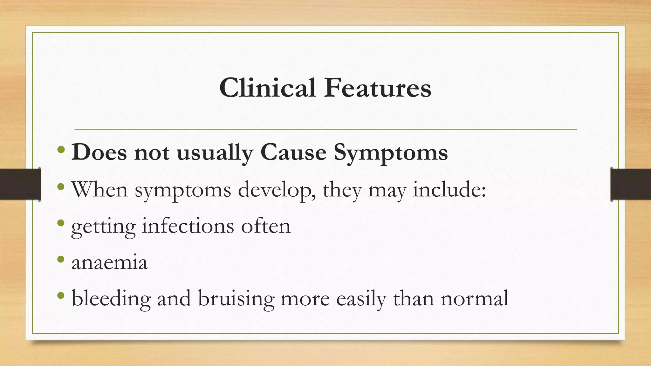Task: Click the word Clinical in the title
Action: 267,88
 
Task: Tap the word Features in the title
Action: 377,88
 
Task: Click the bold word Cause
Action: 293,152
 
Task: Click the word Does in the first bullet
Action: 99,152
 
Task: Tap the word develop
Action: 277,190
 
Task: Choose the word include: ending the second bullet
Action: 449,189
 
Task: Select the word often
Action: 266,226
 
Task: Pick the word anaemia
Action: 110,263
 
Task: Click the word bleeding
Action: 111,299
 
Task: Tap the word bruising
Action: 236,299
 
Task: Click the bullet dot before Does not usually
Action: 61,149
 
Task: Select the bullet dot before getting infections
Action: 61,223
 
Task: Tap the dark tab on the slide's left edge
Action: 20,184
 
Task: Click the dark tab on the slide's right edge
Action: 631,184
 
